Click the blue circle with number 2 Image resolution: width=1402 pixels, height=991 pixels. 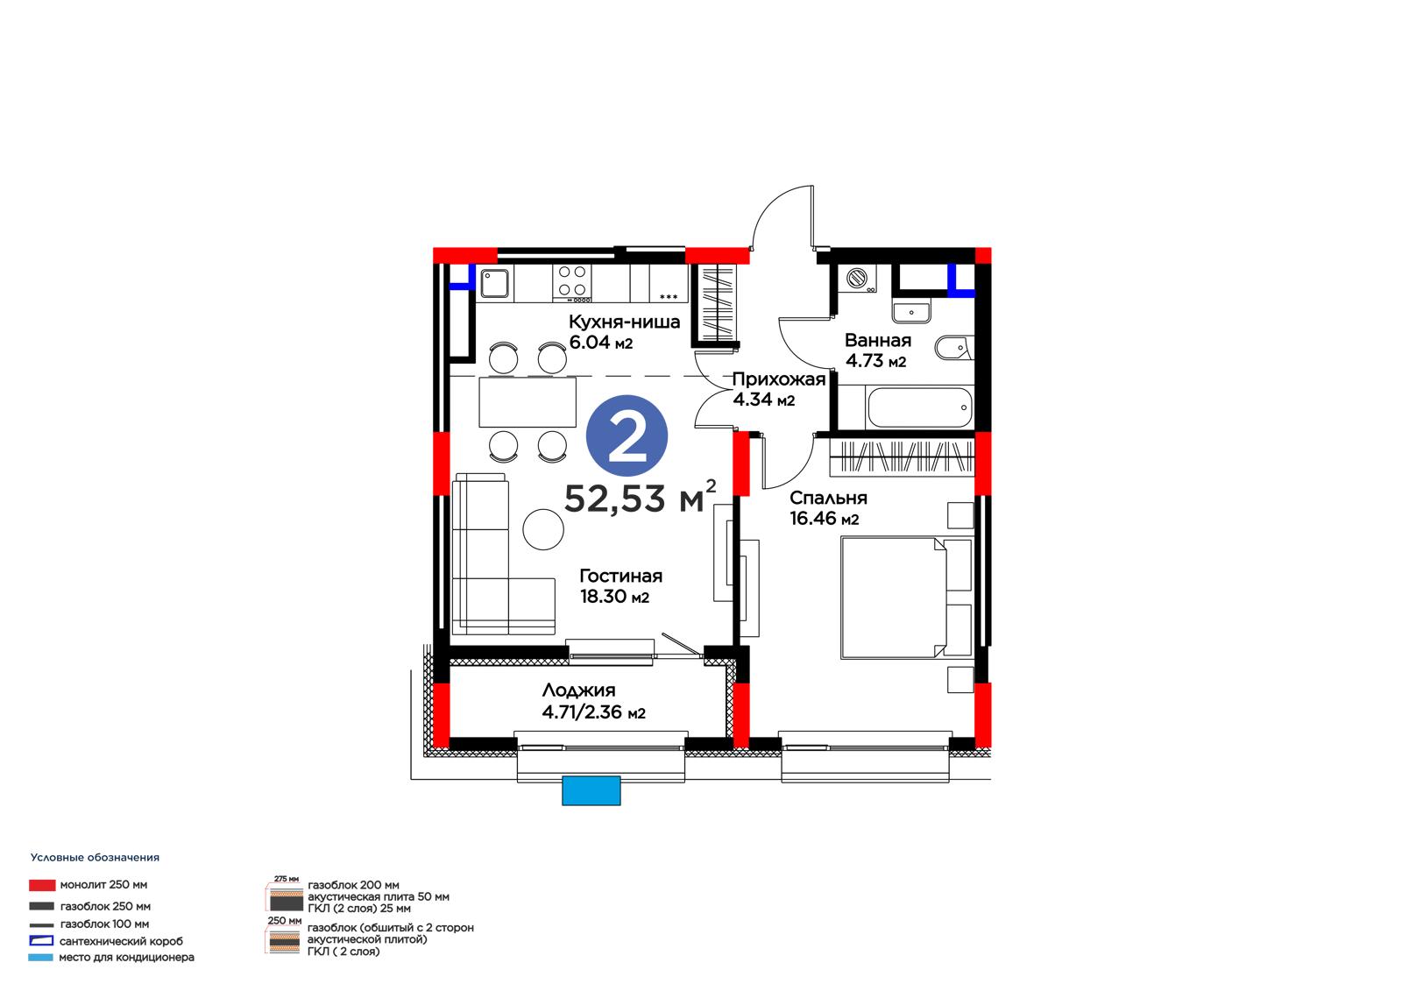(x=627, y=435)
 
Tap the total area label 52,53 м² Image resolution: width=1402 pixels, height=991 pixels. (x=640, y=498)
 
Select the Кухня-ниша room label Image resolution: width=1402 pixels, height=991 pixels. (x=624, y=322)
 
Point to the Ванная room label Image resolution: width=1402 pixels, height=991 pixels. (x=877, y=341)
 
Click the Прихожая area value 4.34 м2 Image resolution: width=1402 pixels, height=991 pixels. (x=763, y=400)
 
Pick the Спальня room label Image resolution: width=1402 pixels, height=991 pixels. (x=828, y=499)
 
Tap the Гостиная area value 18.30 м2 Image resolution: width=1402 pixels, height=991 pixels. (x=614, y=597)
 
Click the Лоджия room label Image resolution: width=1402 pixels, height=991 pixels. (x=578, y=690)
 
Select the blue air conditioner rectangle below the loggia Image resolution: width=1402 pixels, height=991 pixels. (x=591, y=790)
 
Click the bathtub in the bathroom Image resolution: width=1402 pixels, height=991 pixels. (x=919, y=407)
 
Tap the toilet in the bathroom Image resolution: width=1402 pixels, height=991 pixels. (x=953, y=348)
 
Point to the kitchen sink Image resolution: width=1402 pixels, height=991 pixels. (x=494, y=284)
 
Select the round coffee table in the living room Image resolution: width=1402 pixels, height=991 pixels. (x=542, y=529)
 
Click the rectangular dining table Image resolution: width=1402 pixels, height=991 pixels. (x=528, y=402)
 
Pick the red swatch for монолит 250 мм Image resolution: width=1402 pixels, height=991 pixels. (x=42, y=885)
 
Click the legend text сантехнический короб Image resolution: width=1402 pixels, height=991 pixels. (x=121, y=941)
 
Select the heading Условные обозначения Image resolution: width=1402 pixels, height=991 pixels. (x=95, y=857)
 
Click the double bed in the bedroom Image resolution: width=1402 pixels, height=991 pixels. (x=906, y=598)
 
